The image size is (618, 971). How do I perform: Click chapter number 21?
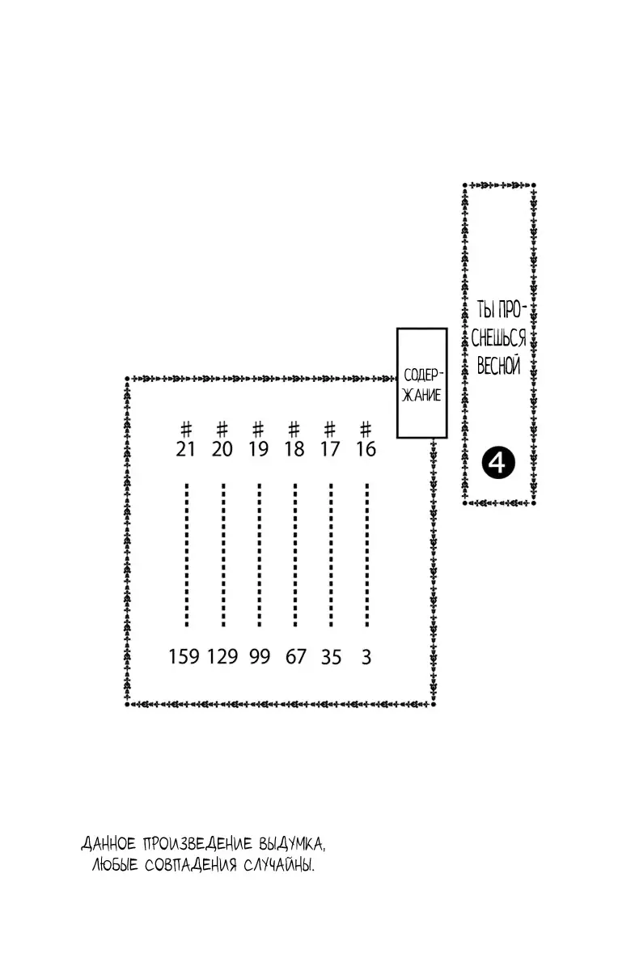[185, 449]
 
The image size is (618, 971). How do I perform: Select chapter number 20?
[222, 449]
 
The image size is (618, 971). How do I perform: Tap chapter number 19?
[258, 449]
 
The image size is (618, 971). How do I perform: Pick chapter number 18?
[294, 449]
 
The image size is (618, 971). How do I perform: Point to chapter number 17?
[330, 449]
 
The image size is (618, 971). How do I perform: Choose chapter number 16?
[366, 449]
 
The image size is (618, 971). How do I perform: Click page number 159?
[184, 657]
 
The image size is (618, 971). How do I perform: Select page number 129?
[222, 657]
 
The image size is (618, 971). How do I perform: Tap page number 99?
[260, 657]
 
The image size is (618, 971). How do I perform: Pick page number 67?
[296, 657]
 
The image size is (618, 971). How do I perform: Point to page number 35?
[332, 657]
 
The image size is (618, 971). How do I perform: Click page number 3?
[366, 657]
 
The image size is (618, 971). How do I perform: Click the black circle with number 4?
[498, 464]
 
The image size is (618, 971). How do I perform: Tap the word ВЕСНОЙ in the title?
[498, 367]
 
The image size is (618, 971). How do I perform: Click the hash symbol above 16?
[366, 430]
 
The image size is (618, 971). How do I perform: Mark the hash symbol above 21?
[186, 430]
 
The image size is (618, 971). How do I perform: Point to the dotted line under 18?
[295, 555]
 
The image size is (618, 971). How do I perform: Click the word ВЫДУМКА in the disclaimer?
[292, 843]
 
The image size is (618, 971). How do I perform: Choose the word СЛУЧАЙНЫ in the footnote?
[278, 865]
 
